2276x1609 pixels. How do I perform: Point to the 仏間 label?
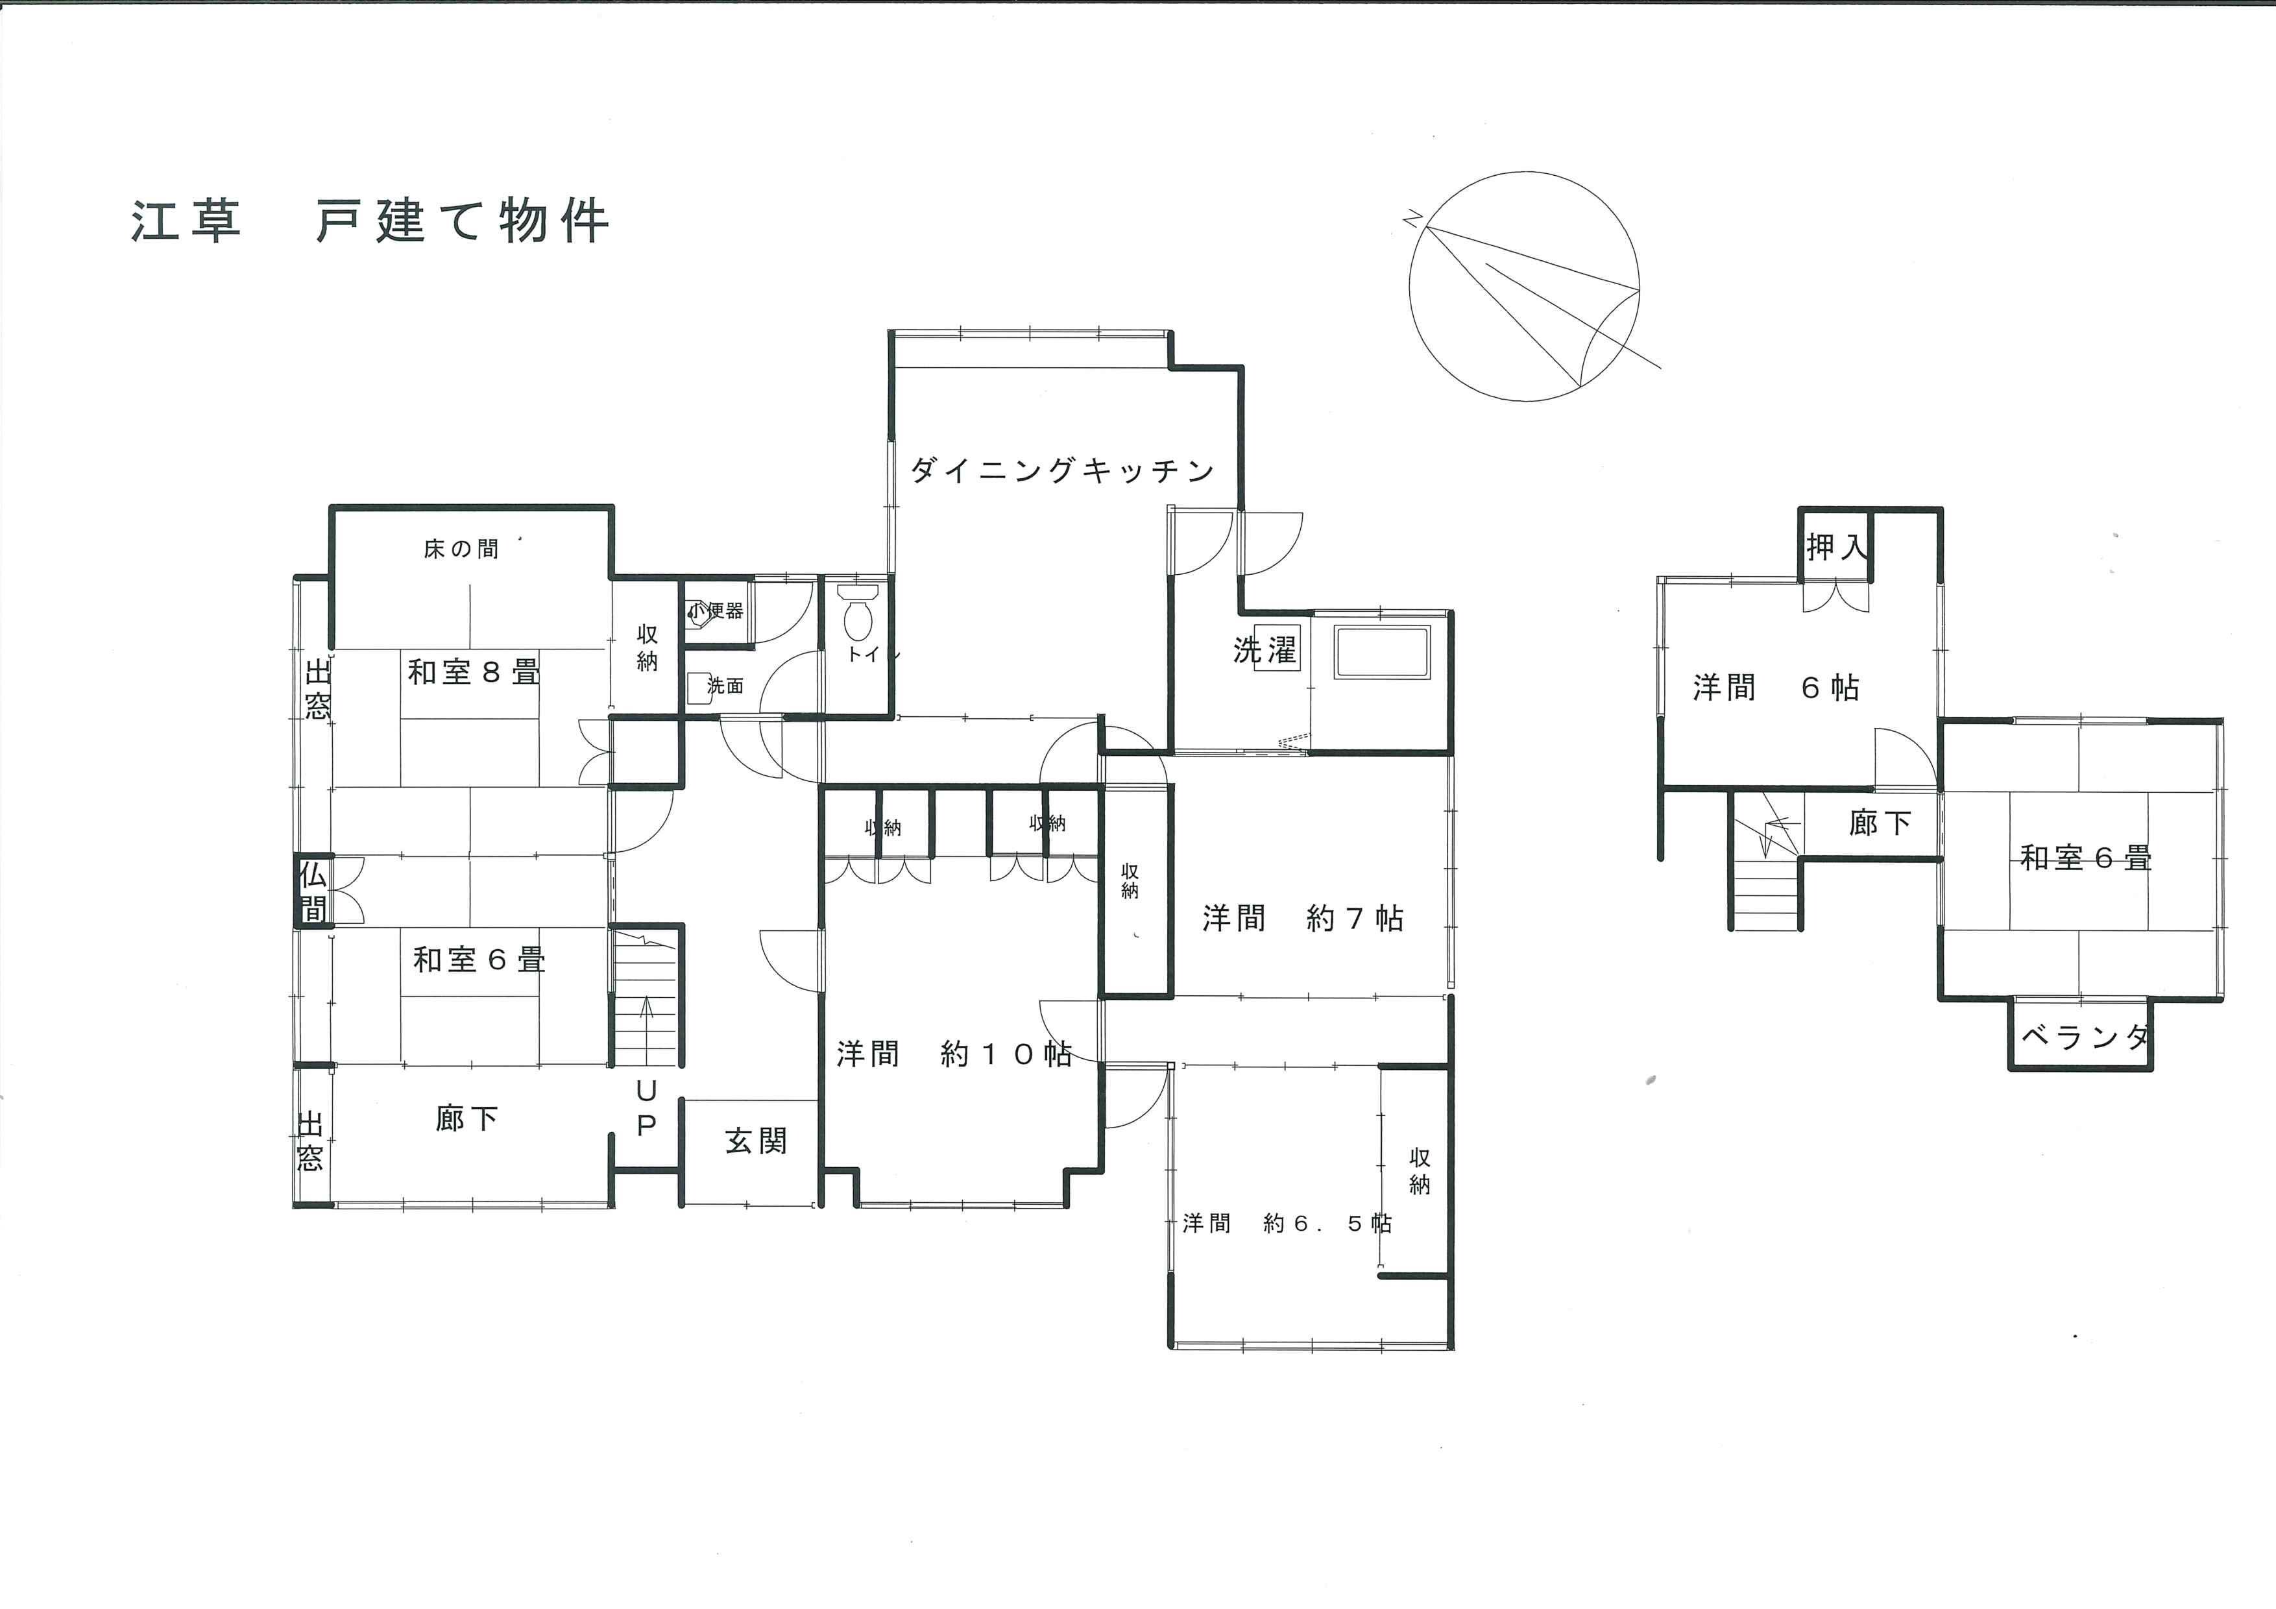pos(313,890)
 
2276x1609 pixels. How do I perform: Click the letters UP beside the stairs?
pos(646,1108)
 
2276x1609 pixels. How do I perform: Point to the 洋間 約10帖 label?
pos(954,1053)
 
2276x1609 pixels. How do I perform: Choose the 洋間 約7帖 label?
pos(1303,918)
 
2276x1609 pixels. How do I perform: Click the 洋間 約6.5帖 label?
pos(1287,1224)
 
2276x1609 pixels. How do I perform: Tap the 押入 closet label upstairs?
pos(1837,546)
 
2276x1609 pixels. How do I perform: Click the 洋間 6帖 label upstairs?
pos(1775,687)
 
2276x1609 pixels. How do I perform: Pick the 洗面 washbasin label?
pos(725,685)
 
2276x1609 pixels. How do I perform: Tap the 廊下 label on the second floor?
pos(1880,822)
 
